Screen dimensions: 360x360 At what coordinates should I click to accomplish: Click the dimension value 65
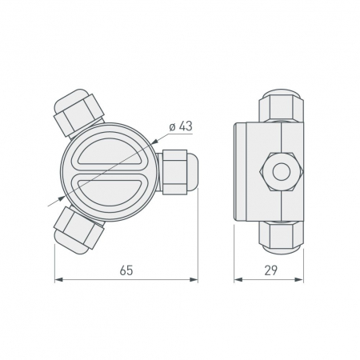click(x=126, y=270)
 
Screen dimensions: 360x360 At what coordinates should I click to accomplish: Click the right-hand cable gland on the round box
click(x=178, y=170)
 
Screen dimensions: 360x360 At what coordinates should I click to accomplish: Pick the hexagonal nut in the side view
click(x=280, y=171)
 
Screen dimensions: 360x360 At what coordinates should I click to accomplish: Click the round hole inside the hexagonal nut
click(x=280, y=171)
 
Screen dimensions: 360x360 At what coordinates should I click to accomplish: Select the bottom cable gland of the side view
click(x=280, y=234)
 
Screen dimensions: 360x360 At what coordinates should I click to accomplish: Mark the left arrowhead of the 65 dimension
click(x=58, y=280)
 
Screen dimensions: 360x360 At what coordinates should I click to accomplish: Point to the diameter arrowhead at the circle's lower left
click(x=62, y=197)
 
